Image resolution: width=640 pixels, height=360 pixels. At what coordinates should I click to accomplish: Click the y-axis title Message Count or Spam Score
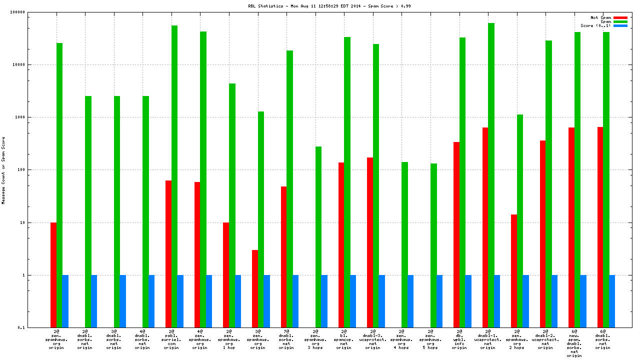click(x=3, y=170)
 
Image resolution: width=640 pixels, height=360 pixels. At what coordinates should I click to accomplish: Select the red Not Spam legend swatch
click(x=620, y=17)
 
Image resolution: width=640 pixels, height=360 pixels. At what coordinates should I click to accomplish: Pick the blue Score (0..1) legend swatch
click(x=620, y=25)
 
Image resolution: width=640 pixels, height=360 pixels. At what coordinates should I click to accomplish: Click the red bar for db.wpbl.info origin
click(x=456, y=235)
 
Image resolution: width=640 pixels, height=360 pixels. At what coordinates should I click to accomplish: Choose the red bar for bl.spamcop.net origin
click(x=341, y=245)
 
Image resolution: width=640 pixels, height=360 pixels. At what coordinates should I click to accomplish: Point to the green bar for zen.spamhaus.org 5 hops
click(x=433, y=245)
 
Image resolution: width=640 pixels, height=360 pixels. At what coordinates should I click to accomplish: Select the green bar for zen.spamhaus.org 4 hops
click(x=404, y=244)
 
